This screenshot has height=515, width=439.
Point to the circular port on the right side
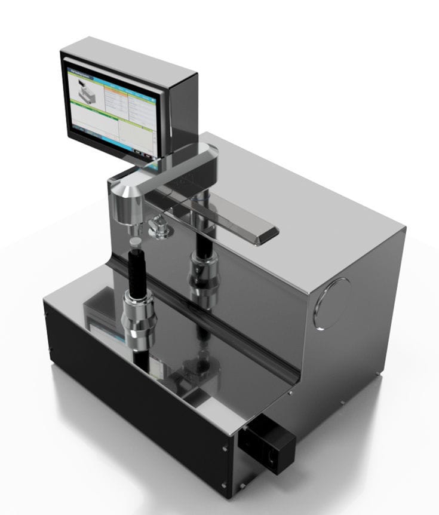pyautogui.click(x=332, y=304)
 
